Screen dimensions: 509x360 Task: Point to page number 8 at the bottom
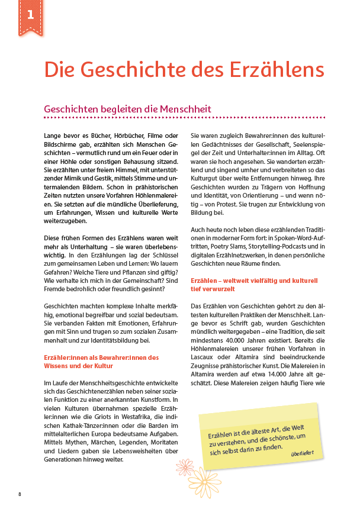[20, 494]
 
